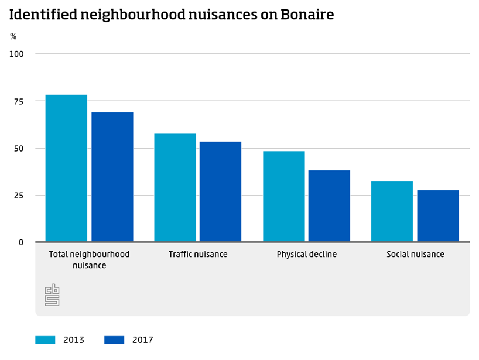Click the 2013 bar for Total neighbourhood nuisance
[66, 168]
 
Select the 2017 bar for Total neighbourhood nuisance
[112, 177]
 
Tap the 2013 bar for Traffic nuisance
[175, 187]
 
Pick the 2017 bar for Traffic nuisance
[221, 191]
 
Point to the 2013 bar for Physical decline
[284, 196]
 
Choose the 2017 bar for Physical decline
[329, 206]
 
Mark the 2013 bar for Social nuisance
[392, 211]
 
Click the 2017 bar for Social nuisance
[438, 215]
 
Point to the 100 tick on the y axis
[16, 54]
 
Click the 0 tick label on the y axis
[20, 242]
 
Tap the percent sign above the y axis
[13, 36]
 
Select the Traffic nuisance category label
[198, 254]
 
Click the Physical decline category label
[307, 254]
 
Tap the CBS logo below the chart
[53, 295]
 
